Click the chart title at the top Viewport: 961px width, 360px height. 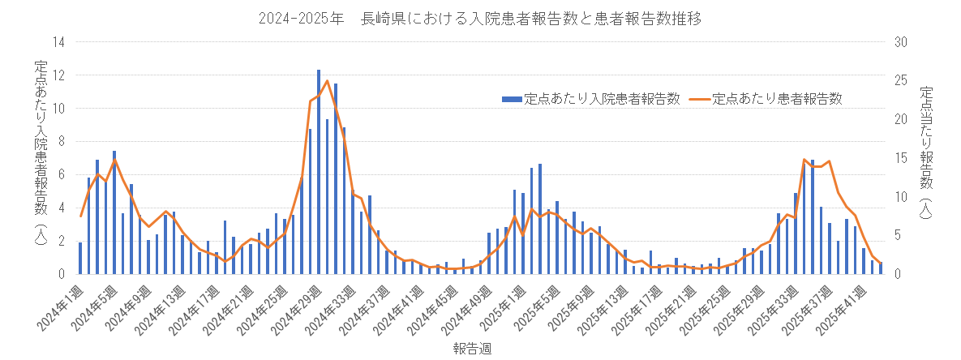coord(479,19)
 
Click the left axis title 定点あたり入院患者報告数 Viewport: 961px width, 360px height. coord(41,154)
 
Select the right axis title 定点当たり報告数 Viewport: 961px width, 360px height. coord(926,154)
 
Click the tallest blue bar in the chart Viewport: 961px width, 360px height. coord(319,172)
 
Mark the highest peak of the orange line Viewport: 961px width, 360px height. coord(327,80)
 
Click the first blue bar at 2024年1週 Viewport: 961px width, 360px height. coord(80,258)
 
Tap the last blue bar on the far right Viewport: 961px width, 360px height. coord(881,268)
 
